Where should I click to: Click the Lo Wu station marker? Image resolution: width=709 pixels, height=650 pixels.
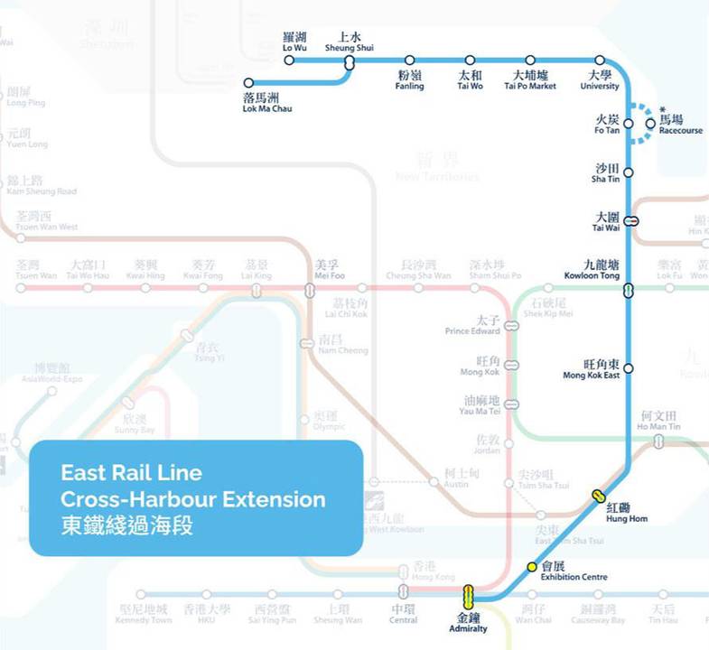(x=289, y=60)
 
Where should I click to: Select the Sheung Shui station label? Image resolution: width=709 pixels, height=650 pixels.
(x=350, y=42)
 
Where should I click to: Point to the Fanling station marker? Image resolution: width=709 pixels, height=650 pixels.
(x=409, y=60)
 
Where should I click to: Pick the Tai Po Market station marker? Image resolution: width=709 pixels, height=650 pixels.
(x=530, y=60)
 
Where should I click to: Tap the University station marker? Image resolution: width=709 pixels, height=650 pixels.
(x=600, y=60)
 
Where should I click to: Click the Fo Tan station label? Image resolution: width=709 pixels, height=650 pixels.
(x=607, y=125)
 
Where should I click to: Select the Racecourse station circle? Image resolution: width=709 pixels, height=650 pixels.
(x=650, y=124)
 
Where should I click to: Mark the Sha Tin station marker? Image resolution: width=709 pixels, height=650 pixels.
(x=629, y=172)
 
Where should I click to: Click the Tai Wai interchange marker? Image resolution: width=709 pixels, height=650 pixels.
(x=633, y=219)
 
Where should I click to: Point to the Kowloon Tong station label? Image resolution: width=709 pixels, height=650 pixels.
(x=592, y=269)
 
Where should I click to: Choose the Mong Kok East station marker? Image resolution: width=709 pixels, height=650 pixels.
(x=629, y=368)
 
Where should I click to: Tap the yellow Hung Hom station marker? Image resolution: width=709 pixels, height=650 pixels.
(x=598, y=496)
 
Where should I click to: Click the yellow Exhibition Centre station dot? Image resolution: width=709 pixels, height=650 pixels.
(x=532, y=567)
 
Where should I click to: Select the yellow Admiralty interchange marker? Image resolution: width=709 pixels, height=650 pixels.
(x=468, y=596)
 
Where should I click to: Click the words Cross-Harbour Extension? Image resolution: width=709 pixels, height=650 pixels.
(x=193, y=499)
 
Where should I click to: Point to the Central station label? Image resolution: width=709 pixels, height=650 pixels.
(x=403, y=615)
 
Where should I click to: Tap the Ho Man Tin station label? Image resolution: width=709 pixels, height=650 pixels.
(x=658, y=421)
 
